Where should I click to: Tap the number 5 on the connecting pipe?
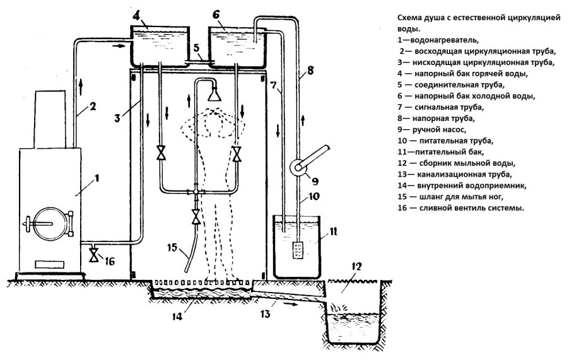click(x=197, y=48)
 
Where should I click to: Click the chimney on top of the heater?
click(x=49, y=120)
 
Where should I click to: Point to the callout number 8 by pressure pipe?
click(x=308, y=71)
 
